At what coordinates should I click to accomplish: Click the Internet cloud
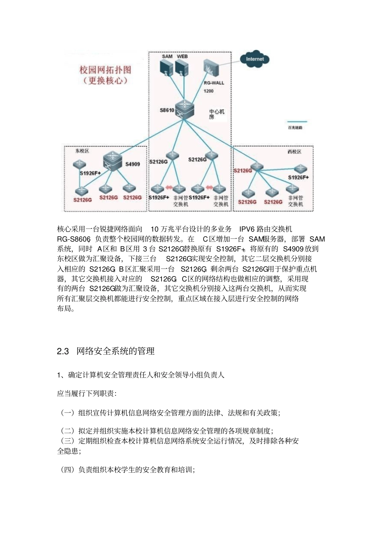point(255,59)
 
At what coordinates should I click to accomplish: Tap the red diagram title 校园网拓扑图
point(105,70)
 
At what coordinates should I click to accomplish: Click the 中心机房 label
point(216,114)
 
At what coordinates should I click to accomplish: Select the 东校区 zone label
point(82,151)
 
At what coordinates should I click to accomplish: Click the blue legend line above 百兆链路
point(295,121)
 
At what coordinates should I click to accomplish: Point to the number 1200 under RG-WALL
point(208,91)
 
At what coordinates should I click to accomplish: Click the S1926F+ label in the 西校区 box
point(298,177)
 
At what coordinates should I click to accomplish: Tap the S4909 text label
point(132,164)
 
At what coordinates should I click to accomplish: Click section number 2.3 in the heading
point(63,351)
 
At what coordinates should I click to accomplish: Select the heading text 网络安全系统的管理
point(115,351)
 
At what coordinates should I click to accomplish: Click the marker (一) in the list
point(67,413)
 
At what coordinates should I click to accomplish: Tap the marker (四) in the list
point(67,470)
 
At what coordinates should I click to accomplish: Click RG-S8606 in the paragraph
point(74,239)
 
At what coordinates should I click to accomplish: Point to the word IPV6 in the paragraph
point(247,229)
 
